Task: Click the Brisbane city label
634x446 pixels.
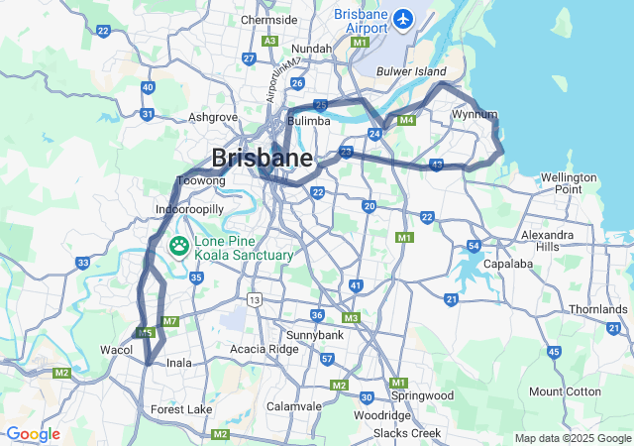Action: pos(262,158)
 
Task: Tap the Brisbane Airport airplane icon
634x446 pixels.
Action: pos(403,18)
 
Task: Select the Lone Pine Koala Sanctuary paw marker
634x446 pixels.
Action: pos(180,246)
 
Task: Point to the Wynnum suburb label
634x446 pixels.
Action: pos(474,115)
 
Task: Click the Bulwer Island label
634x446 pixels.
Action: pos(411,70)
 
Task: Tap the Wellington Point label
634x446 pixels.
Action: pos(569,182)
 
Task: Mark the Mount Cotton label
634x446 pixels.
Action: pos(565,391)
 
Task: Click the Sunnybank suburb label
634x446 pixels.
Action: pos(314,336)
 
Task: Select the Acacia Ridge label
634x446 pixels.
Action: pos(264,349)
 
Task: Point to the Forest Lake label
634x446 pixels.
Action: pos(181,409)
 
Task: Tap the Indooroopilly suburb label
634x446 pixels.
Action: pos(190,210)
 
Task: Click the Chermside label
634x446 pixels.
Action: pos(268,19)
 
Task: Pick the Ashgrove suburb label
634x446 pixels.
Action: pos(213,117)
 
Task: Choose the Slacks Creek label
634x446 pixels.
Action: pos(407,434)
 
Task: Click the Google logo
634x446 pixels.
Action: pos(33,434)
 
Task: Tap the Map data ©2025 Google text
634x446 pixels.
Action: pos(573,438)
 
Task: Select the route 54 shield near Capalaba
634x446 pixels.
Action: pos(474,246)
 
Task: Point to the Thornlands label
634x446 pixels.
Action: pos(598,309)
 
